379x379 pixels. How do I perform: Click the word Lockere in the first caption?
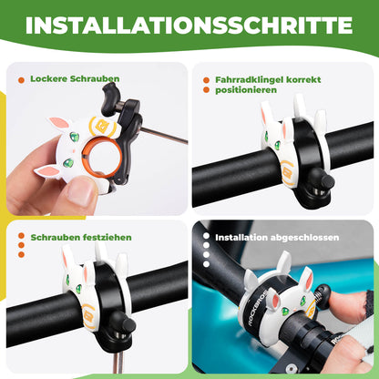pos(47,79)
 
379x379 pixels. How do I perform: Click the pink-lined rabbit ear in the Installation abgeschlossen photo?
pos(306,278)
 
